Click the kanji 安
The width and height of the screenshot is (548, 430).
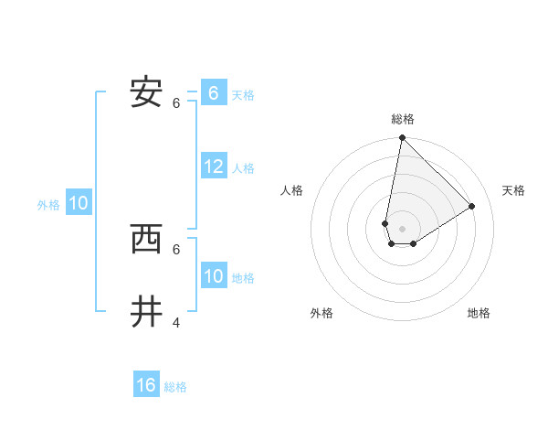point(146,92)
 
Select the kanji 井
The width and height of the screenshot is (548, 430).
point(146,312)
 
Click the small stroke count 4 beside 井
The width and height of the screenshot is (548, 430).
point(176,322)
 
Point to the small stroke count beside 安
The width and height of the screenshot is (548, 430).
point(176,102)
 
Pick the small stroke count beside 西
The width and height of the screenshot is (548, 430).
point(176,249)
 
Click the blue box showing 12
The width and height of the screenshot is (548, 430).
point(214,167)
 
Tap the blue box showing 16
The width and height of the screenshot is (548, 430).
point(146,385)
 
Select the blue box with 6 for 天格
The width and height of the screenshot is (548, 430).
point(214,93)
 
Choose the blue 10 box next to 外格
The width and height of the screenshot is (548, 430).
point(79,203)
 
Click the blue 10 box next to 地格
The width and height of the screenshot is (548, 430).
point(214,276)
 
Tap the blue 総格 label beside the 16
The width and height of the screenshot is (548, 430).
point(175,387)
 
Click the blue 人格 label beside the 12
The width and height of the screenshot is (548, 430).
point(243,168)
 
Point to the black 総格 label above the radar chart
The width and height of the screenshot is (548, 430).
point(403,119)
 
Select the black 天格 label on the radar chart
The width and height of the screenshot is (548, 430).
point(513,190)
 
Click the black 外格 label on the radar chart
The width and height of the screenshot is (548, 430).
point(321,313)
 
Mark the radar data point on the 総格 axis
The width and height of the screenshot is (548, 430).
point(402,138)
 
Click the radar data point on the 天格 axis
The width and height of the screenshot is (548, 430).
point(471,207)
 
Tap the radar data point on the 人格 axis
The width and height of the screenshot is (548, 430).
point(385,223)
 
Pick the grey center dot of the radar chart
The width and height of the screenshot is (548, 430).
point(402,229)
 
